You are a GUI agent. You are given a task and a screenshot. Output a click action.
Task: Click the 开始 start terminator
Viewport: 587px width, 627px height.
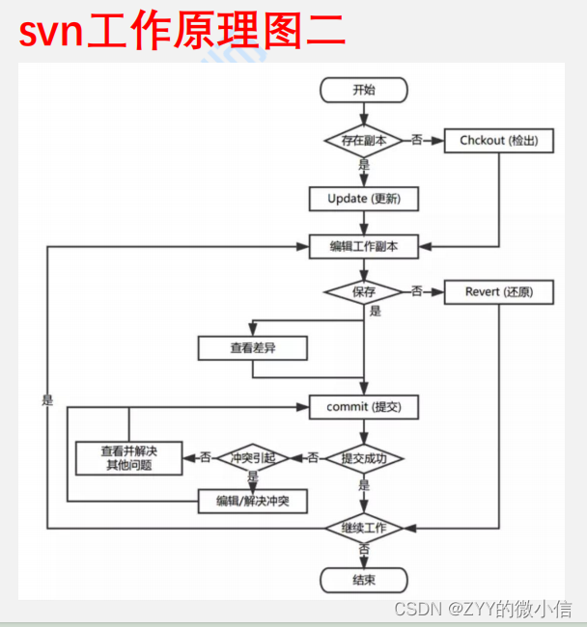(x=364, y=91)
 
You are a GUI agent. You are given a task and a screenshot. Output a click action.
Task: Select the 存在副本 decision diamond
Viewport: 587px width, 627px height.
(x=363, y=140)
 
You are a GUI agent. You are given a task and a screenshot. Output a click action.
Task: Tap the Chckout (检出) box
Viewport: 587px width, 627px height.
(x=498, y=141)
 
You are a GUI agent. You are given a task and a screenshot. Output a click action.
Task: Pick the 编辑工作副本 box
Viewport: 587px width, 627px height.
(x=364, y=246)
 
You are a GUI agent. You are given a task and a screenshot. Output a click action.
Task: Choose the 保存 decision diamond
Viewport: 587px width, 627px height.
(x=363, y=290)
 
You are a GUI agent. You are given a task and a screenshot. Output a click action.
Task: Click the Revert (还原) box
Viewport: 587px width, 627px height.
(x=498, y=291)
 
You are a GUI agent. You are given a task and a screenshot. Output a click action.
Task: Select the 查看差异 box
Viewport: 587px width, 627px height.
(x=252, y=348)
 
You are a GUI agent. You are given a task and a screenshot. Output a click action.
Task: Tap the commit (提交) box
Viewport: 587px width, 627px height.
(x=364, y=407)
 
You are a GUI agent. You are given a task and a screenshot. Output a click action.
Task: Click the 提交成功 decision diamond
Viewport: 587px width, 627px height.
(x=363, y=457)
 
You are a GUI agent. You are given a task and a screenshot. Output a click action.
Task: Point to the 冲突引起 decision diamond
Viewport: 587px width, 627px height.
(x=253, y=457)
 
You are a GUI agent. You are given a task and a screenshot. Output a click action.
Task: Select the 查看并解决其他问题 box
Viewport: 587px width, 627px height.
(x=128, y=457)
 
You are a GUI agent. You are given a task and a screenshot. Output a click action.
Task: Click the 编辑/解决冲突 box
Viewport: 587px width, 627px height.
(x=252, y=502)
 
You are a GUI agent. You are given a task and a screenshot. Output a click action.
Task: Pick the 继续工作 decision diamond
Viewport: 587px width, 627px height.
(x=363, y=528)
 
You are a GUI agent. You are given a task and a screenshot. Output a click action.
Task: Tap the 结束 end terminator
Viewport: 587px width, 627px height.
(x=364, y=580)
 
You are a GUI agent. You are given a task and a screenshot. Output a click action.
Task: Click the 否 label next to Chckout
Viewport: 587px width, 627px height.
(x=417, y=141)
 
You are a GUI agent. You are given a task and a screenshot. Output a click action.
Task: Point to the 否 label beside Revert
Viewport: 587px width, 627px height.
(x=417, y=290)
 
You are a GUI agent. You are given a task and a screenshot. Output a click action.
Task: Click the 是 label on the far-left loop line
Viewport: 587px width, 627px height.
(x=47, y=399)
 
